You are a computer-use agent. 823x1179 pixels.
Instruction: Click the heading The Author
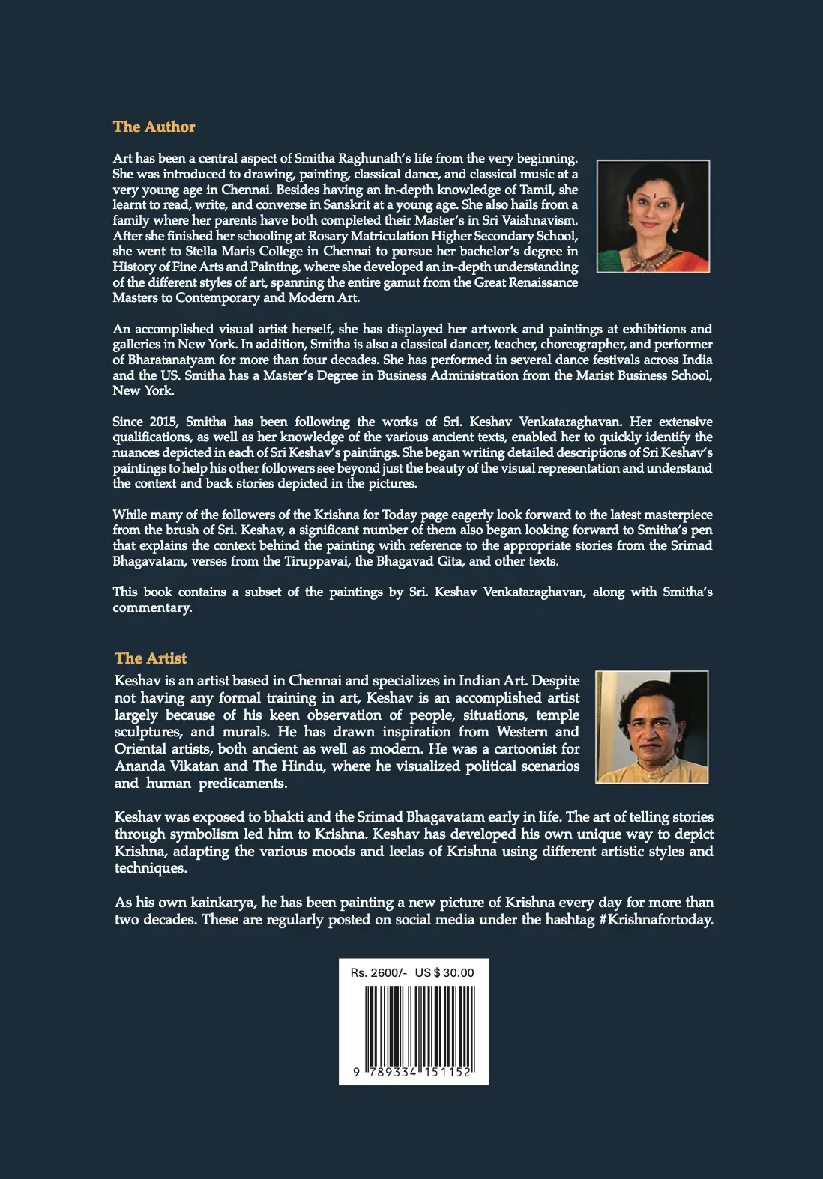tap(154, 127)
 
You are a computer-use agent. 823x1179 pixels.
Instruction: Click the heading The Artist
tap(151, 658)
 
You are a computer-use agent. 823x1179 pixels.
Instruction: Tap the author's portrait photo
tap(653, 216)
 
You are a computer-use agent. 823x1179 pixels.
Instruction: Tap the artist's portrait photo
tap(651, 727)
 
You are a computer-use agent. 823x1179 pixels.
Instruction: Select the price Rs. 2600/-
tap(379, 972)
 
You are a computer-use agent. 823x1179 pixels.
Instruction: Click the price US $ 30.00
tap(444, 972)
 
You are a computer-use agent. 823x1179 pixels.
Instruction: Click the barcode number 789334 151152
tap(417, 1072)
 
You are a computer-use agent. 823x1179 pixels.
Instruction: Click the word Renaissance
tap(543, 282)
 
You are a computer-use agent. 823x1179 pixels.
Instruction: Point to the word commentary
tap(152, 607)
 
